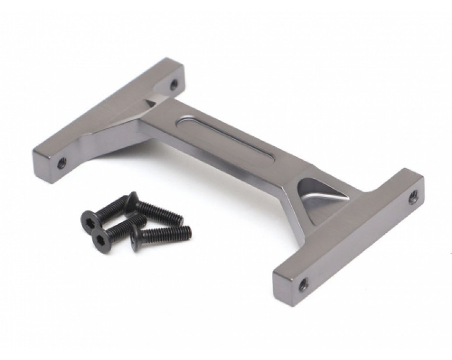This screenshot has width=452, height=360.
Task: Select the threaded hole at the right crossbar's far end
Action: click(413, 197)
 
